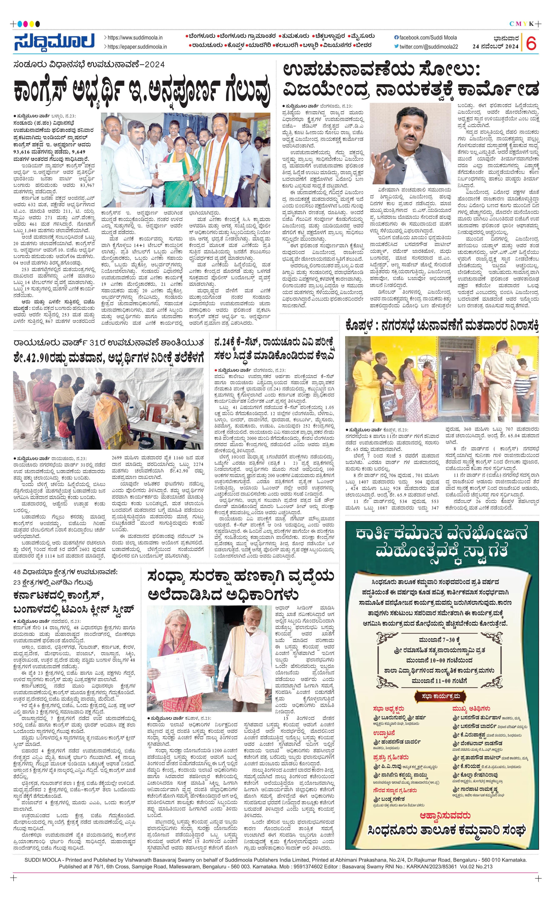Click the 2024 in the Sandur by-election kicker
(x=155, y=65)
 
